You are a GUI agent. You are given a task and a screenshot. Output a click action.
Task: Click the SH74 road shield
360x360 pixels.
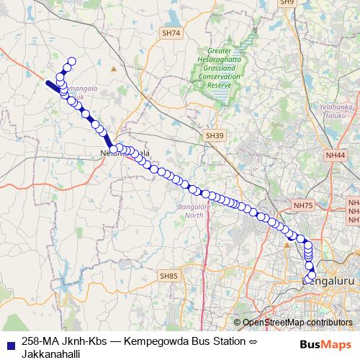point(171,33)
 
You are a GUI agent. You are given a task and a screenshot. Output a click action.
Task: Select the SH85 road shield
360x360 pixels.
point(168,276)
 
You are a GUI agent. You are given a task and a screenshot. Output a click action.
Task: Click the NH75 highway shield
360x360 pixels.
point(304,206)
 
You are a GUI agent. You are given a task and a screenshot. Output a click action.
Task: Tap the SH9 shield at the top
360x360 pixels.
point(288,3)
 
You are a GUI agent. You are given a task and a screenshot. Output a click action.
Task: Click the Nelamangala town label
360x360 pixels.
point(125,153)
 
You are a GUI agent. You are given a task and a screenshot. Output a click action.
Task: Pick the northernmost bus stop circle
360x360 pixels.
point(71,62)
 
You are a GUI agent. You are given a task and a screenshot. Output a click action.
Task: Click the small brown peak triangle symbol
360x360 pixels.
point(113,69)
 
